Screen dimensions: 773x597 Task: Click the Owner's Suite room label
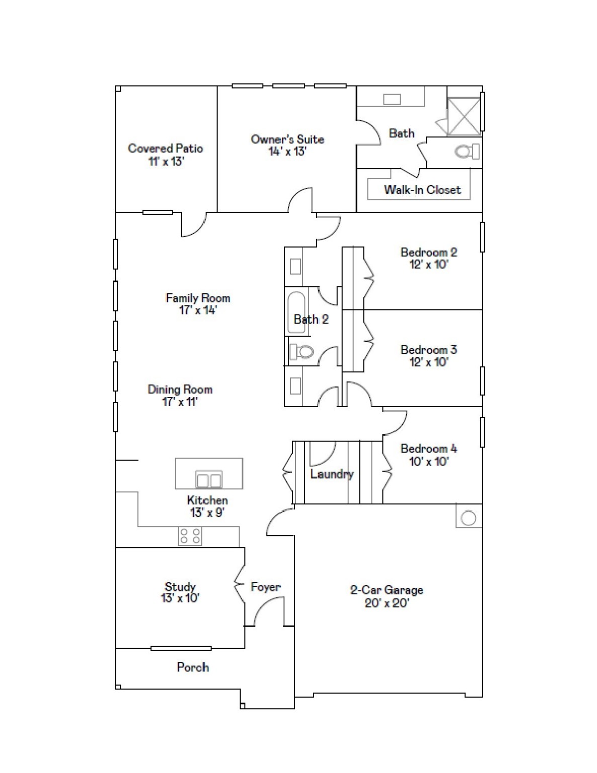click(287, 139)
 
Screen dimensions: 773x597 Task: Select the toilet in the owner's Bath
click(466, 151)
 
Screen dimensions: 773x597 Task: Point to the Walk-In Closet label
click(422, 190)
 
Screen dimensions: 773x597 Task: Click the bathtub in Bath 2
click(295, 312)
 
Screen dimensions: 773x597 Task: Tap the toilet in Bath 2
click(302, 351)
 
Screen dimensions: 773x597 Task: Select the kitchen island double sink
click(208, 480)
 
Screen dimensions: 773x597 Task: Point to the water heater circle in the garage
click(469, 518)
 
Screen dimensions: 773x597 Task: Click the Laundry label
click(331, 474)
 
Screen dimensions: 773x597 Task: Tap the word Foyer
click(265, 587)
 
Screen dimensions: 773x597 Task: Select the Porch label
click(193, 667)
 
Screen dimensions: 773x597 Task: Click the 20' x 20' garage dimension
click(387, 603)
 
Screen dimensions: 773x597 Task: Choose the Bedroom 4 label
click(428, 448)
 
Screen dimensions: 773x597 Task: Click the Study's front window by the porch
click(181, 648)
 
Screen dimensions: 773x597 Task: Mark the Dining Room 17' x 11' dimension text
click(180, 402)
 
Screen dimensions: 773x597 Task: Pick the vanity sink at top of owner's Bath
click(392, 99)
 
